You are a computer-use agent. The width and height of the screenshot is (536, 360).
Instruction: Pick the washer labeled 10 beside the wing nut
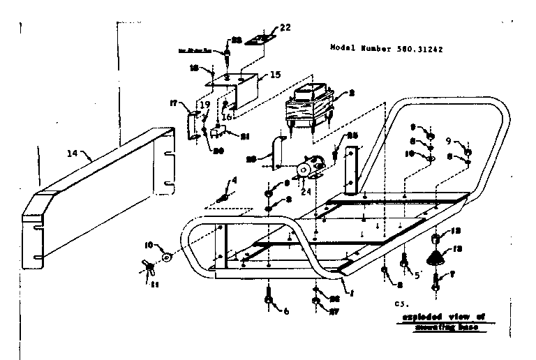pos(167,257)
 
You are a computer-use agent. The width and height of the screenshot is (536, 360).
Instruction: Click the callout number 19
pos(204,105)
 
